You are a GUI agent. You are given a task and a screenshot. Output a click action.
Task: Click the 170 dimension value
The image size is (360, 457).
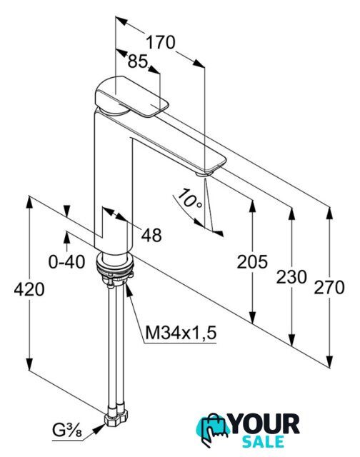(160, 43)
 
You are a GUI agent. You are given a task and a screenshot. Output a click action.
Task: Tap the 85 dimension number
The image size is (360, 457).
(137, 61)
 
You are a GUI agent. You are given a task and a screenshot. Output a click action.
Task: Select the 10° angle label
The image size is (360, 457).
(189, 199)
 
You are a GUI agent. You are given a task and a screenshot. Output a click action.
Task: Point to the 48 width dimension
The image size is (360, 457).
(151, 235)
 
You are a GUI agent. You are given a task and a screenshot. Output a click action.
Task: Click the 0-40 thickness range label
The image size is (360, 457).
(66, 262)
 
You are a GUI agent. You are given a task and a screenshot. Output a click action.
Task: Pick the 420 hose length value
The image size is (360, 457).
(29, 289)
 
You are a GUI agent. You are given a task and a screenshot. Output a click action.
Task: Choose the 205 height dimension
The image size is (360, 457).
(252, 261)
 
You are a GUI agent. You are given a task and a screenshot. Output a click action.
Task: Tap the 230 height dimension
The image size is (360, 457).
(291, 276)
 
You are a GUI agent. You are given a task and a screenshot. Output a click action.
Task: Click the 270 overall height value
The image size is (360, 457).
(329, 287)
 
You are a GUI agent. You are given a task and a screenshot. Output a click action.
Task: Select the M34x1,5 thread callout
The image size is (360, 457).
(181, 333)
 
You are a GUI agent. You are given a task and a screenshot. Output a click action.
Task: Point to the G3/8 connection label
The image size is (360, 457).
(67, 430)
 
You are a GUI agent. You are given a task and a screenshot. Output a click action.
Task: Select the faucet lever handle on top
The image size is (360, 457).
(131, 96)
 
